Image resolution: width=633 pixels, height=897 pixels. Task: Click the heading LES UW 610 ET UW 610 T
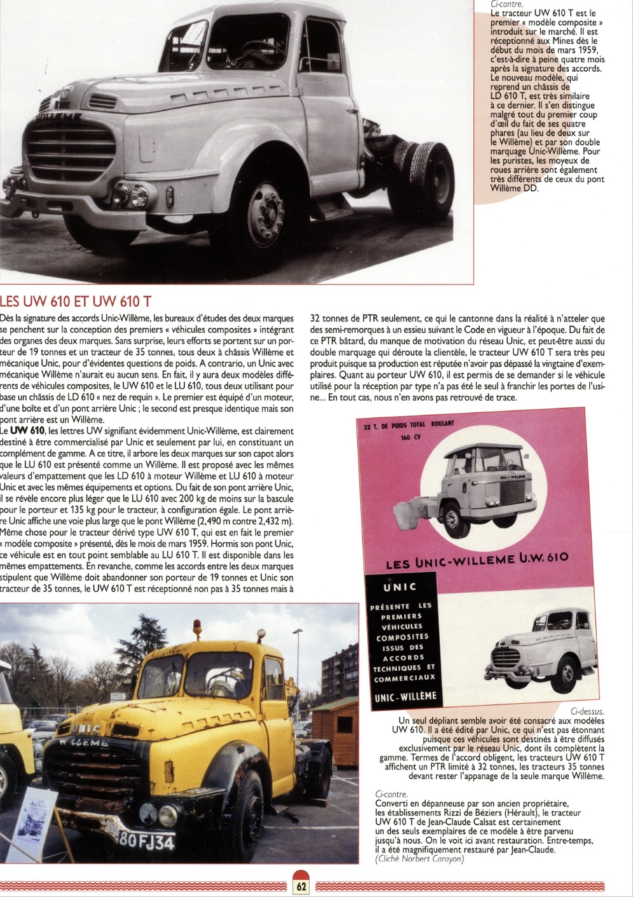click(x=76, y=301)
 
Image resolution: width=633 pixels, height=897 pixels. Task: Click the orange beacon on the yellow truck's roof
click(x=196, y=630)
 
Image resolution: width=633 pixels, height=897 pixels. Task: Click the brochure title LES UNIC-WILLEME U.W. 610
click(x=477, y=560)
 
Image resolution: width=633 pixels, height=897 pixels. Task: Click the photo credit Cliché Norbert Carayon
click(x=419, y=859)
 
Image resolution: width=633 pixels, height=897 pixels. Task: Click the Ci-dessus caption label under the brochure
click(x=587, y=711)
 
